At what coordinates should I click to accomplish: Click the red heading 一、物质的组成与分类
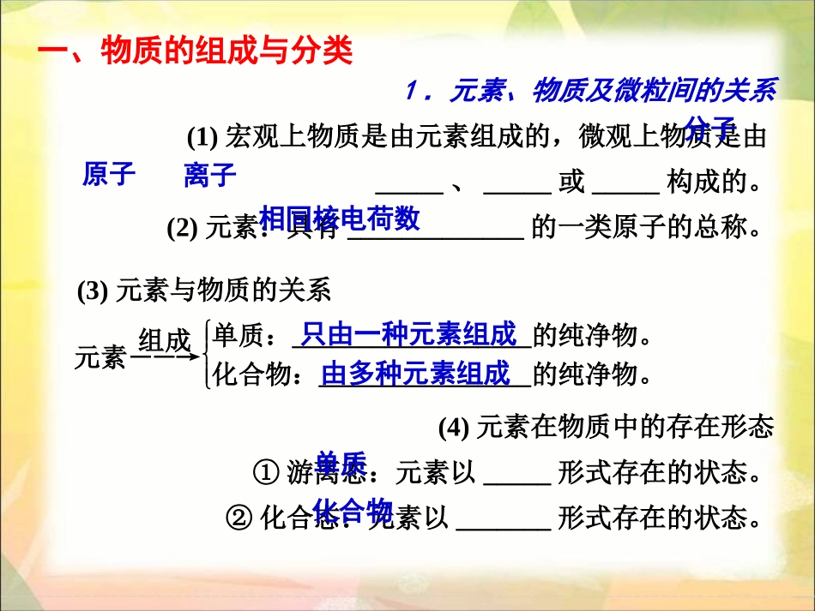pos(196,51)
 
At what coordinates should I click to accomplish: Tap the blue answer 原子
pos(109,175)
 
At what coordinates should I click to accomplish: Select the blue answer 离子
pos(209,176)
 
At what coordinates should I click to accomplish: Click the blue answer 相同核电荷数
pos(340,219)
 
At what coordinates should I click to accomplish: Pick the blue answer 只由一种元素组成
pos(409,333)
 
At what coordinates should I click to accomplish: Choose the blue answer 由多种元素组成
pos(416,373)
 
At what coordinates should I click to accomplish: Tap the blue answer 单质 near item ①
pos(341,463)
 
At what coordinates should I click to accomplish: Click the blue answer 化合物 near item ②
pos(353,511)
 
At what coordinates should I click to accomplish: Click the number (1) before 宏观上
pos(202,137)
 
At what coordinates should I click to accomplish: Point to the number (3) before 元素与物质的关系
pos(92,291)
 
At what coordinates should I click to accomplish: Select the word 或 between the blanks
pos(571,183)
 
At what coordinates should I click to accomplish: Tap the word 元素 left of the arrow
pos(100,358)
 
